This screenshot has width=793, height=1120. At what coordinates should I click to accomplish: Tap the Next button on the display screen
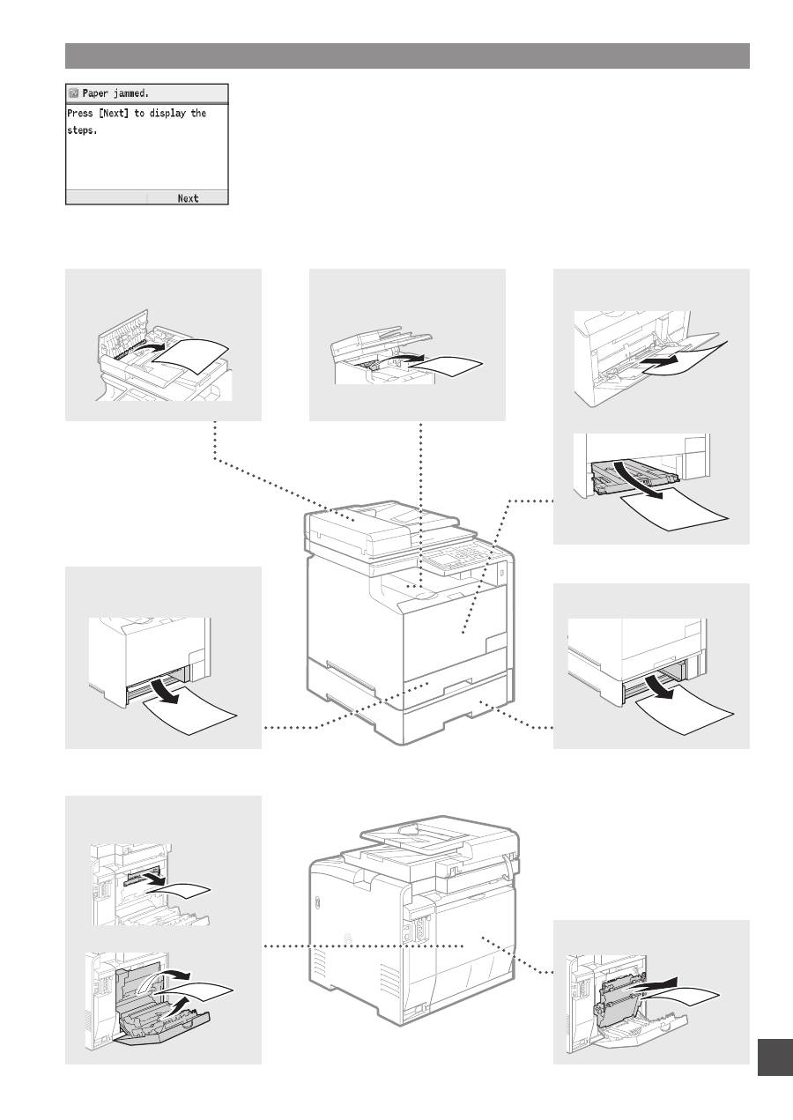(x=188, y=198)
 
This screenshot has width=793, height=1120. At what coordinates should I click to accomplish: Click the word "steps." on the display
(x=82, y=130)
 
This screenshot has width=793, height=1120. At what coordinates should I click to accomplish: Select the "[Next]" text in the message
(x=114, y=113)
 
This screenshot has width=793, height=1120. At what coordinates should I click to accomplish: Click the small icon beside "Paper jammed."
(x=73, y=93)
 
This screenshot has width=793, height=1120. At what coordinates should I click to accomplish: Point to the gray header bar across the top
(x=407, y=56)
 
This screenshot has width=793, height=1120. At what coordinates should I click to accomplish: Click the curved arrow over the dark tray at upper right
(x=638, y=479)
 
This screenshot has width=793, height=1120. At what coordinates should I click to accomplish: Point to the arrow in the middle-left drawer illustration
(x=166, y=690)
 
